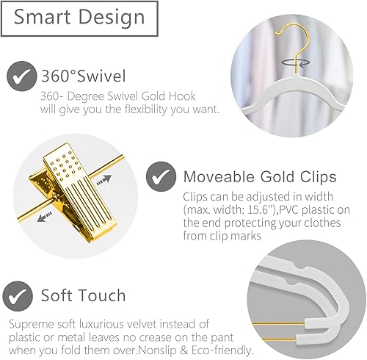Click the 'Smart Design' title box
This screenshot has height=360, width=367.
pos(77,17)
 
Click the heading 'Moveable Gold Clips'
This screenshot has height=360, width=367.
pos(260,178)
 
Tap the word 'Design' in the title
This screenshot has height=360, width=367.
pos(115,17)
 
